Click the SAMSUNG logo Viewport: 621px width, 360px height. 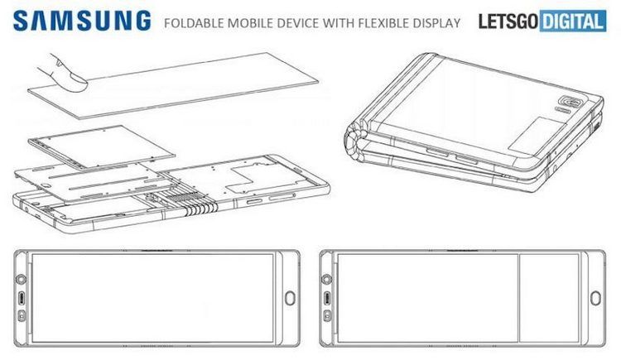click(82, 21)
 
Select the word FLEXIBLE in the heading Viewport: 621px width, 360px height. click(383, 23)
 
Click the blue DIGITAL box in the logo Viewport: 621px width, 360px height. click(573, 22)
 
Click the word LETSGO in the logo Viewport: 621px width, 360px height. click(508, 22)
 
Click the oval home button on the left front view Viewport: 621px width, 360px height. click(291, 298)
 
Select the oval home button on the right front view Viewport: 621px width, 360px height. click(596, 298)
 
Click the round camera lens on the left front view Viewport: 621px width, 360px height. click(21, 279)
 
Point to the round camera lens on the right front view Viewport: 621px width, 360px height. click(327, 279)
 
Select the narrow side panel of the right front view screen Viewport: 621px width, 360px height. click(549, 298)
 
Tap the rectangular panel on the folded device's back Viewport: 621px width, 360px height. click(537, 136)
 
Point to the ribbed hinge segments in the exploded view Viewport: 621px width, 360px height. click(201, 207)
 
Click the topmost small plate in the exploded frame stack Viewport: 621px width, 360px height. click(102, 147)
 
